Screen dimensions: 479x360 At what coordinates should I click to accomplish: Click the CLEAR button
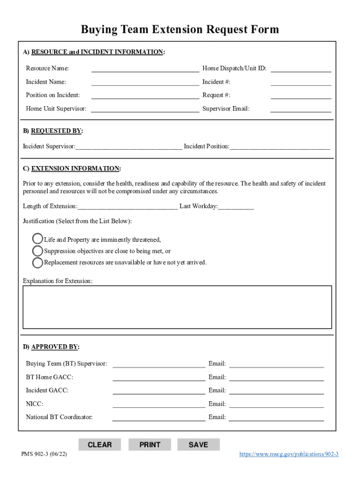point(100,444)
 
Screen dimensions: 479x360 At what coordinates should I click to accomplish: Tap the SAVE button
point(198,444)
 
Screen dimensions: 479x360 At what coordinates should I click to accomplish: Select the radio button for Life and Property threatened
point(37,239)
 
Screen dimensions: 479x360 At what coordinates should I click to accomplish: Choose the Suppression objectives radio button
point(37,251)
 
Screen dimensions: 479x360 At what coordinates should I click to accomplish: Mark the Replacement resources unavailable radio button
point(37,262)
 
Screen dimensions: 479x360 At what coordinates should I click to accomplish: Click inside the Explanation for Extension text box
point(177,307)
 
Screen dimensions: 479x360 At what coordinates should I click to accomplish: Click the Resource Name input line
point(145,69)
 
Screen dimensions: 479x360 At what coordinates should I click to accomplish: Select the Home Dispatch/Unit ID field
point(301,69)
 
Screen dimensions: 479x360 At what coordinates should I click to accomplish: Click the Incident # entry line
point(301,82)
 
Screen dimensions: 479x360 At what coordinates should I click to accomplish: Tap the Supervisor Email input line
point(301,109)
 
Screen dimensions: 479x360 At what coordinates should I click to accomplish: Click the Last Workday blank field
point(236,206)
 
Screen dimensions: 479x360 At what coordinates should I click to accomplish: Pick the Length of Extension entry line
point(128,206)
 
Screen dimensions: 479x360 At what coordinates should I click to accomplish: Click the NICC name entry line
point(158,404)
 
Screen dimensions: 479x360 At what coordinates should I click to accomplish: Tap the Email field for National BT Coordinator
point(276,417)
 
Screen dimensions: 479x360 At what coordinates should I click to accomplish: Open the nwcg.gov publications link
point(288,454)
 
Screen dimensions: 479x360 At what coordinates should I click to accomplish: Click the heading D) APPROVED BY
point(51,347)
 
